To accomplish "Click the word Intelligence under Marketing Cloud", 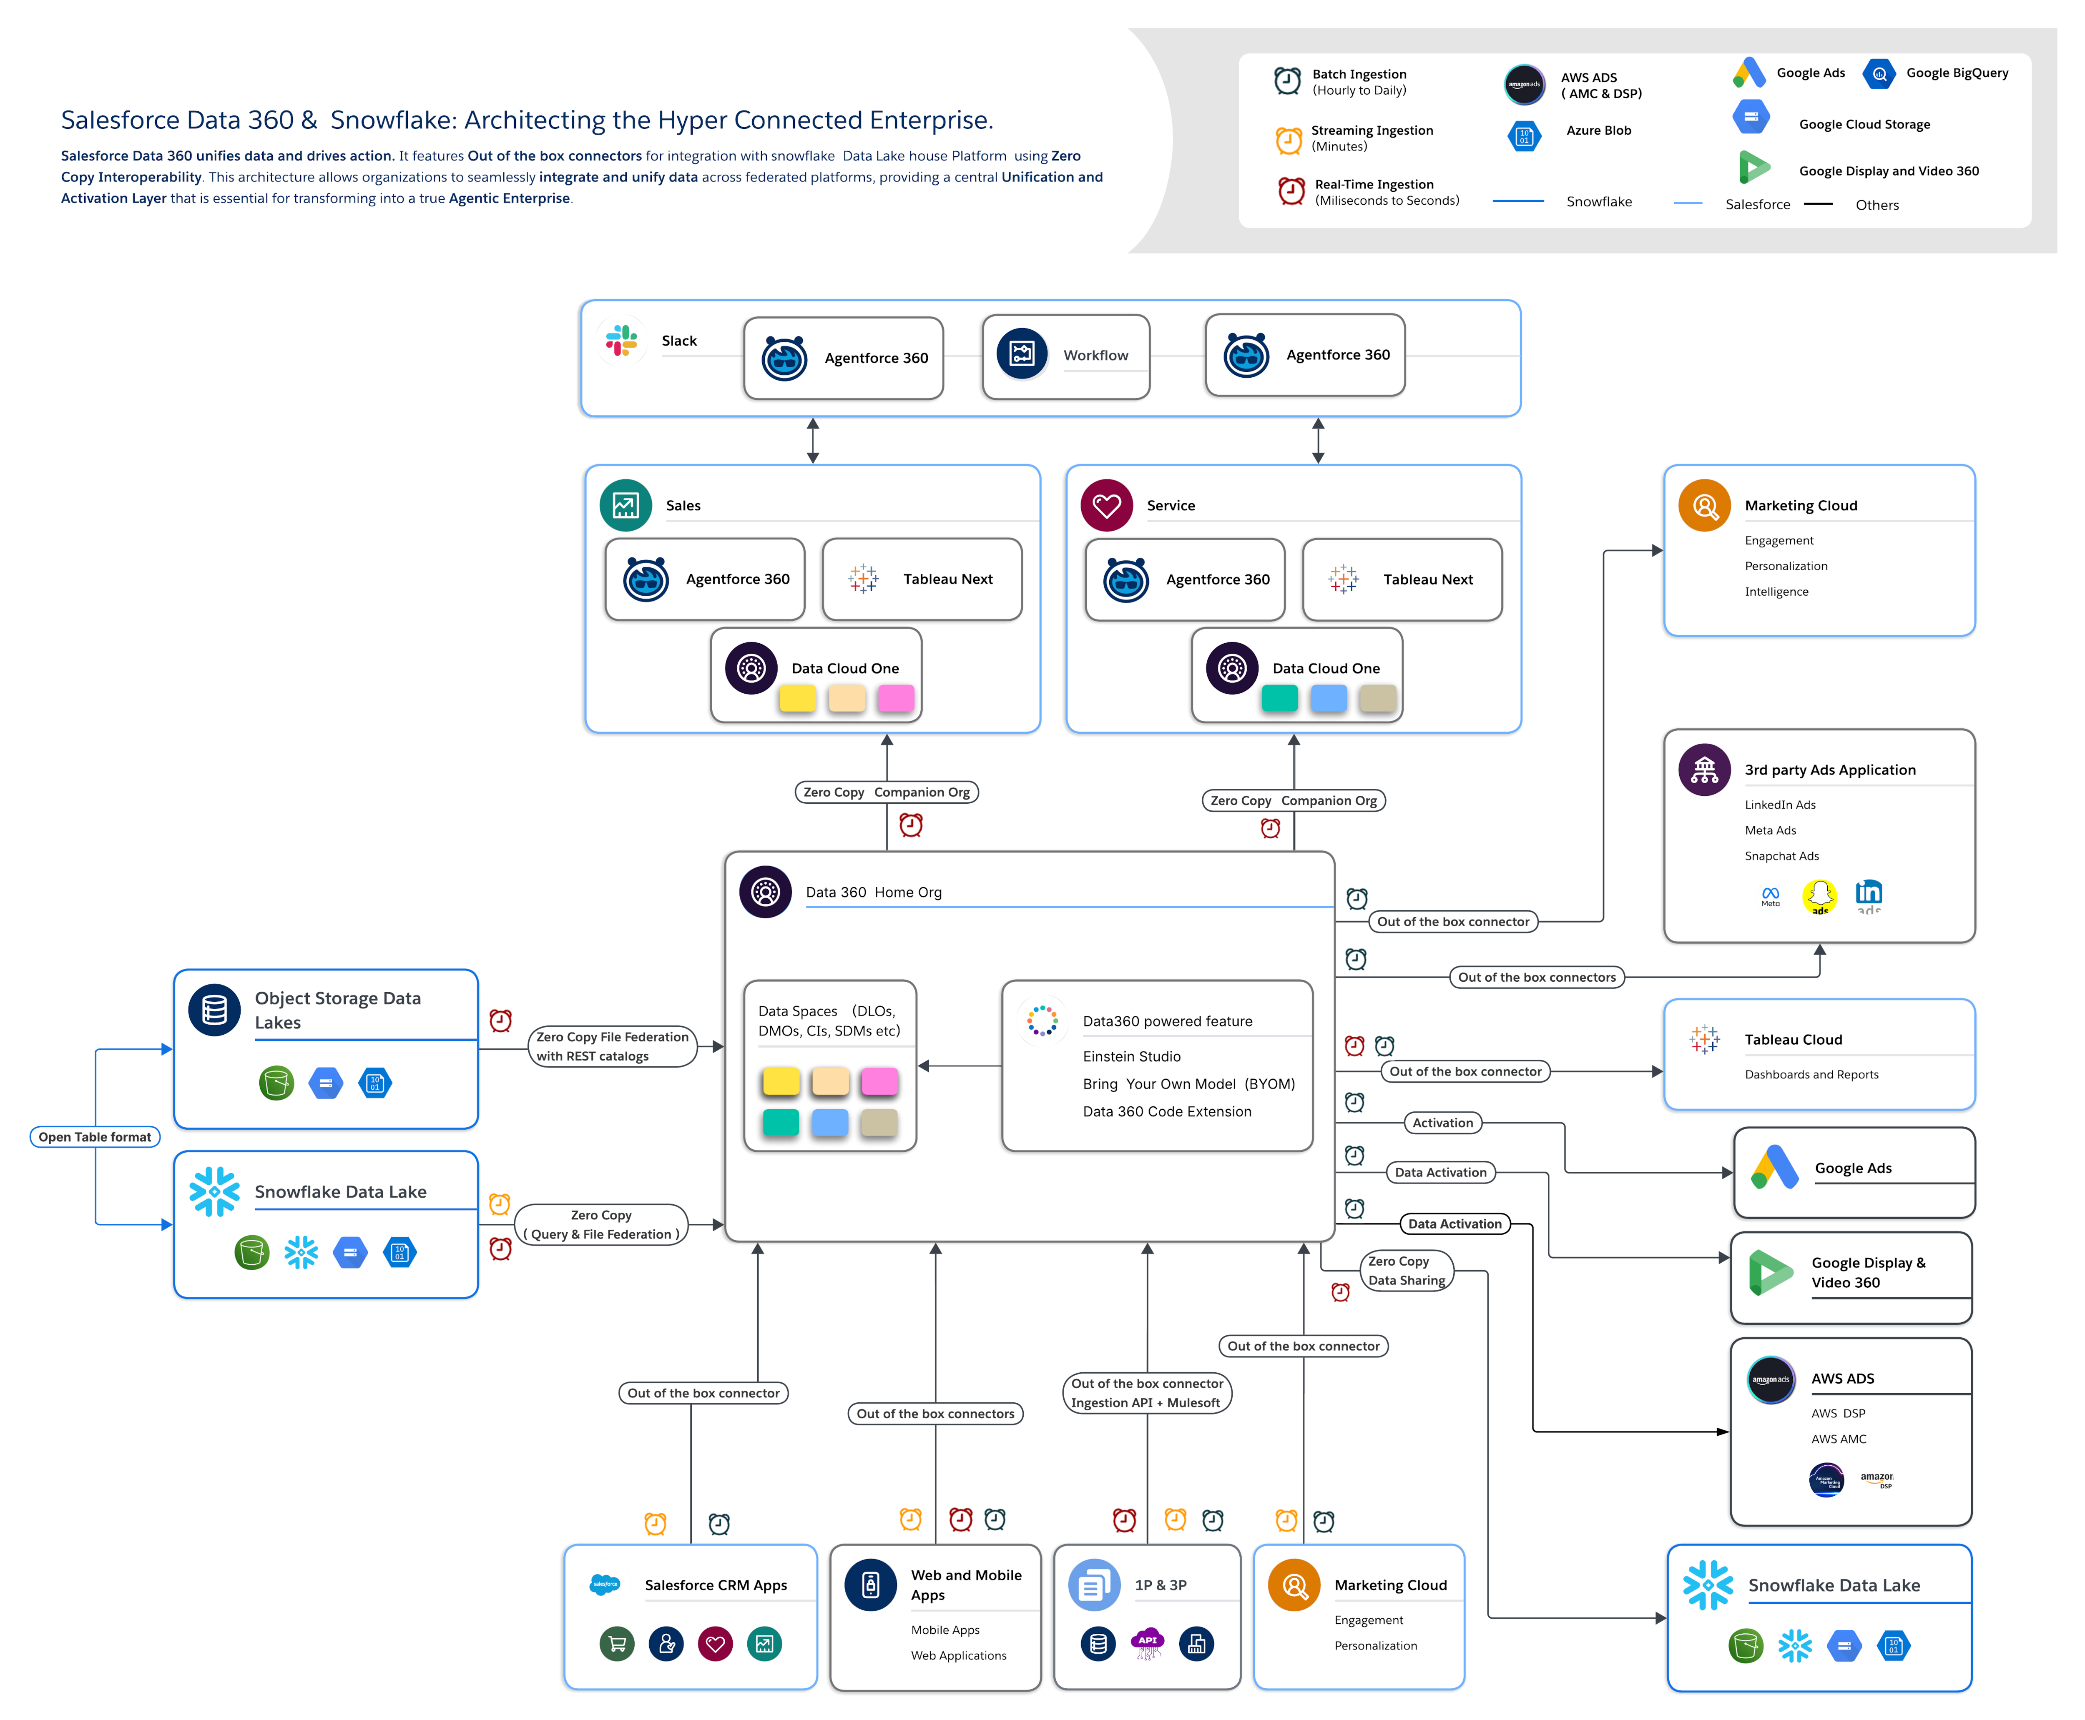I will tap(1776, 592).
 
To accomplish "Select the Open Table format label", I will tap(95, 1136).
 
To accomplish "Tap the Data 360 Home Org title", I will tap(873, 892).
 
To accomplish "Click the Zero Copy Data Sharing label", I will tap(1406, 1270).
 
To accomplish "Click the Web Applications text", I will tap(958, 1656).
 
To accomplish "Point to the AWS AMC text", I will tap(1838, 1439).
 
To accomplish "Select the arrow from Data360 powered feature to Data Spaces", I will tap(958, 1066).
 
